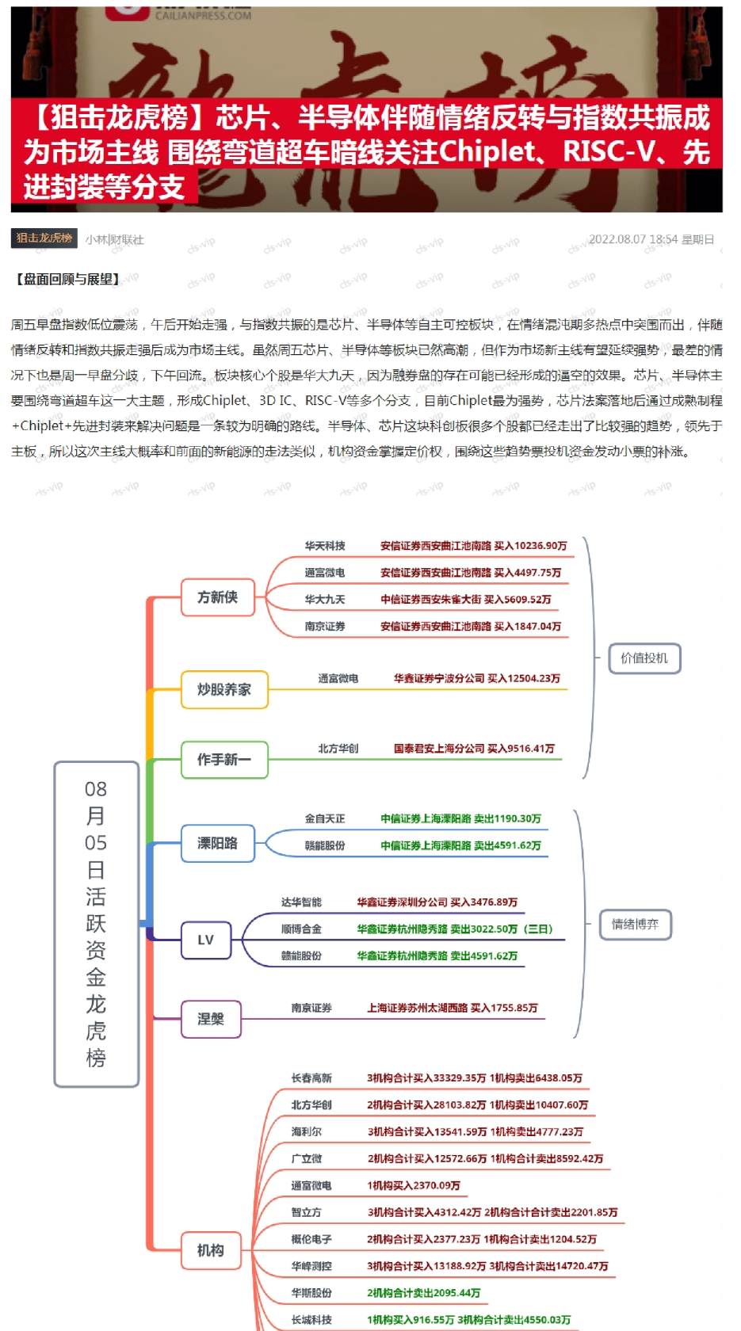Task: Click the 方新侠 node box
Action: tap(217, 597)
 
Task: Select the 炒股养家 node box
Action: tap(223, 689)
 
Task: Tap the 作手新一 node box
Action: tap(223, 760)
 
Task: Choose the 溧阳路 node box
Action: tap(217, 843)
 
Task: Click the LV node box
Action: tap(205, 940)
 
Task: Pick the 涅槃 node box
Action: tap(210, 1019)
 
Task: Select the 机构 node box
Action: tap(210, 1250)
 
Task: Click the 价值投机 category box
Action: tap(644, 658)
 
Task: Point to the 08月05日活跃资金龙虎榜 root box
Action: tap(96, 924)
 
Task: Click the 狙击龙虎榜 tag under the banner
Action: tap(44, 238)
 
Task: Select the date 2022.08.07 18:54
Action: tap(632, 239)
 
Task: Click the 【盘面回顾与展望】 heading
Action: tap(67, 279)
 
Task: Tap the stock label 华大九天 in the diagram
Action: tap(325, 600)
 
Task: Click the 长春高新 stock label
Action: tap(311, 1078)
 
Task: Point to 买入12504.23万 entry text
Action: tap(523, 678)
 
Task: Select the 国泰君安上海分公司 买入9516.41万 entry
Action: tap(474, 749)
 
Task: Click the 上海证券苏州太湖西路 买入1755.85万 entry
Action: tap(452, 1008)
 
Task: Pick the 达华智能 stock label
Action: tap(301, 902)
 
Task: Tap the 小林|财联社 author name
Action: tap(115, 239)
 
